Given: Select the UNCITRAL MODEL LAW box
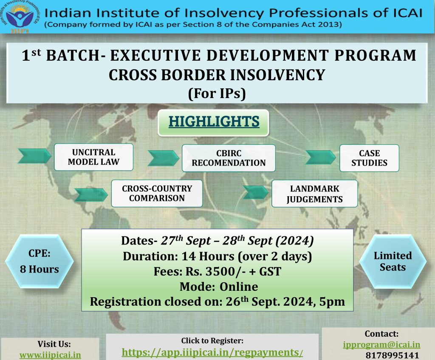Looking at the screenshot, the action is click(x=94, y=157).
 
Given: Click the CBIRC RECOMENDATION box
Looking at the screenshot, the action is click(x=229, y=158).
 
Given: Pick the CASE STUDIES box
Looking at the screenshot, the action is click(x=369, y=158).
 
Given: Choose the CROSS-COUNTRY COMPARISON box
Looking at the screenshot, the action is click(x=157, y=193).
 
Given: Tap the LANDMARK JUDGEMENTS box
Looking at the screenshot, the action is click(x=314, y=194).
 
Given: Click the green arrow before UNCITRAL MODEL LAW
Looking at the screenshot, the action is click(x=34, y=156).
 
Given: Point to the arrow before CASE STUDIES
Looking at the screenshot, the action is click(x=320, y=157).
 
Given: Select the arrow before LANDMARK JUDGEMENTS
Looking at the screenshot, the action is click(x=255, y=192).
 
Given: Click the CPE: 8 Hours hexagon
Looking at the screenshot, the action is click(x=40, y=261).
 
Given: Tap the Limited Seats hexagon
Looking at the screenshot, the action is click(x=393, y=261).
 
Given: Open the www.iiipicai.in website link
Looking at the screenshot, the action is click(x=50, y=355).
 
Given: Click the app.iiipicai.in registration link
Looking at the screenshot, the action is click(x=212, y=352).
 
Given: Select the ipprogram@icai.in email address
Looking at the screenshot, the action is click(x=381, y=344).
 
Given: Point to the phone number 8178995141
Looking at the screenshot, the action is click(x=392, y=355).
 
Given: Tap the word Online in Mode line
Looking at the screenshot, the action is click(x=239, y=287).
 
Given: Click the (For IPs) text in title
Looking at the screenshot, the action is click(x=217, y=93).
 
